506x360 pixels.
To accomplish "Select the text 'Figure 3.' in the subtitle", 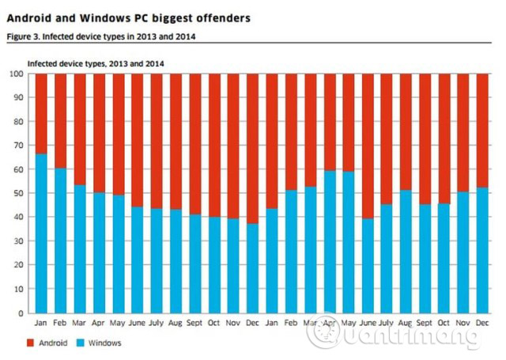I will pyautogui.click(x=24, y=36).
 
